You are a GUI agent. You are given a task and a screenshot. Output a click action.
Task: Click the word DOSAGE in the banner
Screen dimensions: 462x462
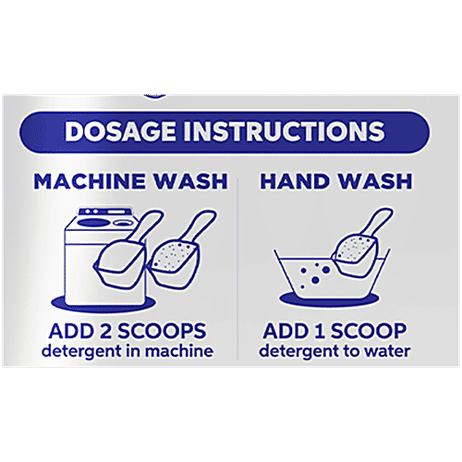(120, 131)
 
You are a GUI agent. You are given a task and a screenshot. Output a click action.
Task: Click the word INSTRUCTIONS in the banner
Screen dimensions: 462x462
(284, 131)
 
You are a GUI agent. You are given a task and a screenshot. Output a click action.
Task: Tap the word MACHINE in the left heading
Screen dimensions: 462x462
(90, 181)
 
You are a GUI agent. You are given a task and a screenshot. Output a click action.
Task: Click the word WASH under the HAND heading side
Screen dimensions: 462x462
(376, 181)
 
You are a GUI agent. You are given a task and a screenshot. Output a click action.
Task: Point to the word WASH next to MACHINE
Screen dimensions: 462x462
(191, 181)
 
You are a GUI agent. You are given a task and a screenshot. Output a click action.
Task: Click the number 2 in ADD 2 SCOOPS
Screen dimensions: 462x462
(105, 331)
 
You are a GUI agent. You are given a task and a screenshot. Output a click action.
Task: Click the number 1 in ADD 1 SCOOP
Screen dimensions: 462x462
(319, 331)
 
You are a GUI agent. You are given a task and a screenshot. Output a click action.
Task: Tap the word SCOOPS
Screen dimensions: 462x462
(162, 331)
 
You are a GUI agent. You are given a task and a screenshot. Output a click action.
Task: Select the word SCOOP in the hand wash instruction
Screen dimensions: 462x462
(369, 331)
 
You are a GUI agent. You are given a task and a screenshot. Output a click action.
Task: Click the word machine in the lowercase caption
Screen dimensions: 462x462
(179, 351)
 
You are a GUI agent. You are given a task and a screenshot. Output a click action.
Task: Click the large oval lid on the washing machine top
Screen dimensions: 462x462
(94, 223)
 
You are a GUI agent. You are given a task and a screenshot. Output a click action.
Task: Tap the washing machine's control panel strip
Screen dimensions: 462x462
(103, 212)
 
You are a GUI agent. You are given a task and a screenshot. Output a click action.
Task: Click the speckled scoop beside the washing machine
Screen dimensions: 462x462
(182, 251)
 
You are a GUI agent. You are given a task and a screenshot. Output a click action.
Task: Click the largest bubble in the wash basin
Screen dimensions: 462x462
(315, 280)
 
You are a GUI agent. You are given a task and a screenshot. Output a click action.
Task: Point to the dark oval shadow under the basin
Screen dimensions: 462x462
(328, 301)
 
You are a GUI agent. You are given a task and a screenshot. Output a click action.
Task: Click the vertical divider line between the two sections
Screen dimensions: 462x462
(237, 268)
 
